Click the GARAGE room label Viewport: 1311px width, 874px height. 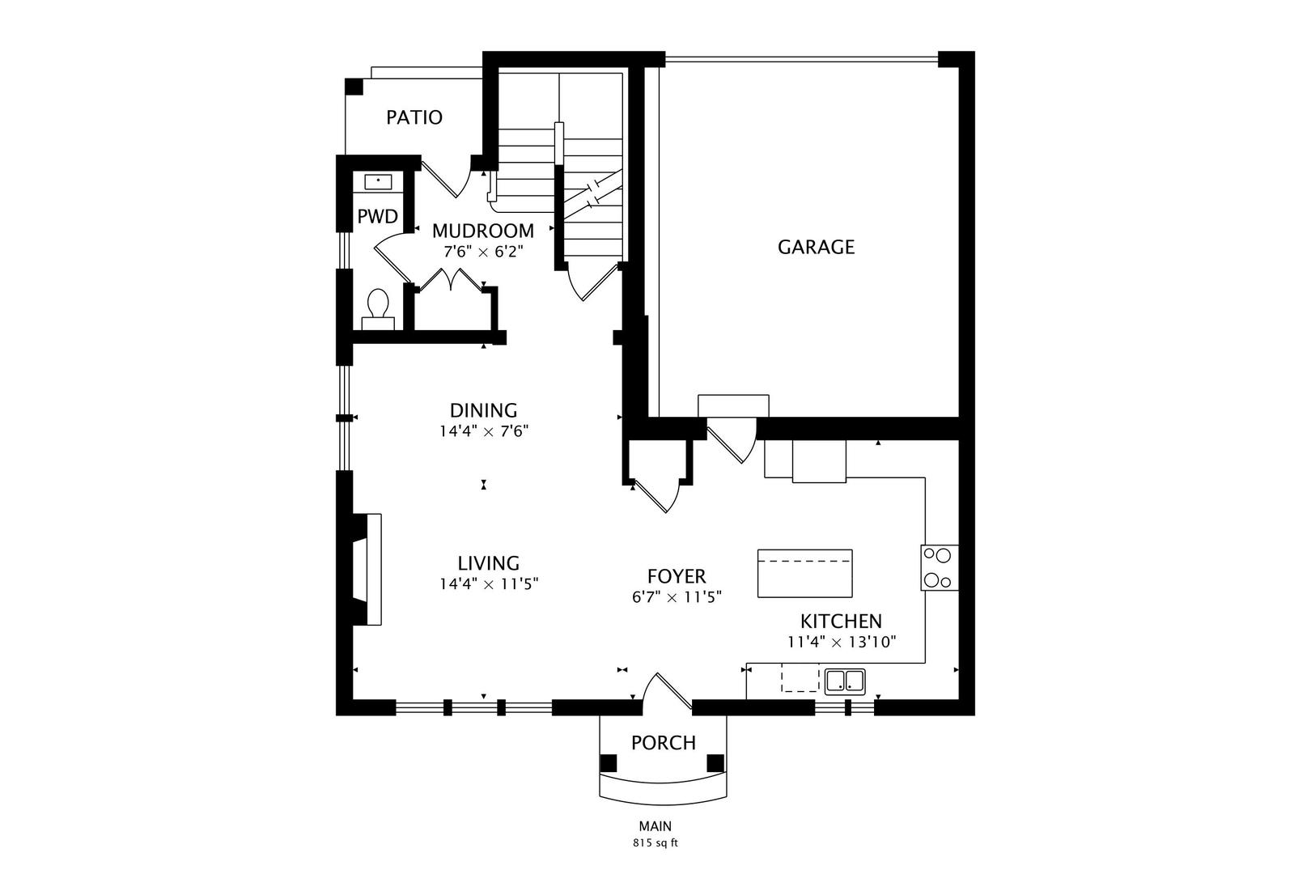(x=816, y=247)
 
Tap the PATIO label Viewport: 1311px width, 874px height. (x=414, y=117)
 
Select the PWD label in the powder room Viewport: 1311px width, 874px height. (x=377, y=217)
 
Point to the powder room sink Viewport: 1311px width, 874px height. (x=377, y=182)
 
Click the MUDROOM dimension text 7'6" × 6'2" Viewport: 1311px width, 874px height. (x=483, y=252)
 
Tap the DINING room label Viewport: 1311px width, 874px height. (x=483, y=409)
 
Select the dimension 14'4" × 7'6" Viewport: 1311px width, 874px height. (x=484, y=431)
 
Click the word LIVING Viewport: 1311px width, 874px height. (x=488, y=563)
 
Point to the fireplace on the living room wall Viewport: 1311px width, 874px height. (x=367, y=569)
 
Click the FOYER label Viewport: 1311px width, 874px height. (x=677, y=577)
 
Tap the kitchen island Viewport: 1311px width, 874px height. (x=804, y=573)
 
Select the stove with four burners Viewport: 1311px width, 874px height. (x=940, y=567)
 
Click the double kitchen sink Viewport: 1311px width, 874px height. (x=845, y=681)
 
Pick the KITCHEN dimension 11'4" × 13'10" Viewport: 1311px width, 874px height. (x=842, y=643)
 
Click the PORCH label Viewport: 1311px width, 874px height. (x=663, y=743)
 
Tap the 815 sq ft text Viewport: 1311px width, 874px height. (x=655, y=843)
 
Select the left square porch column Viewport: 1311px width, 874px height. (x=609, y=763)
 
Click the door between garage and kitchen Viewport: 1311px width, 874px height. (x=732, y=440)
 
